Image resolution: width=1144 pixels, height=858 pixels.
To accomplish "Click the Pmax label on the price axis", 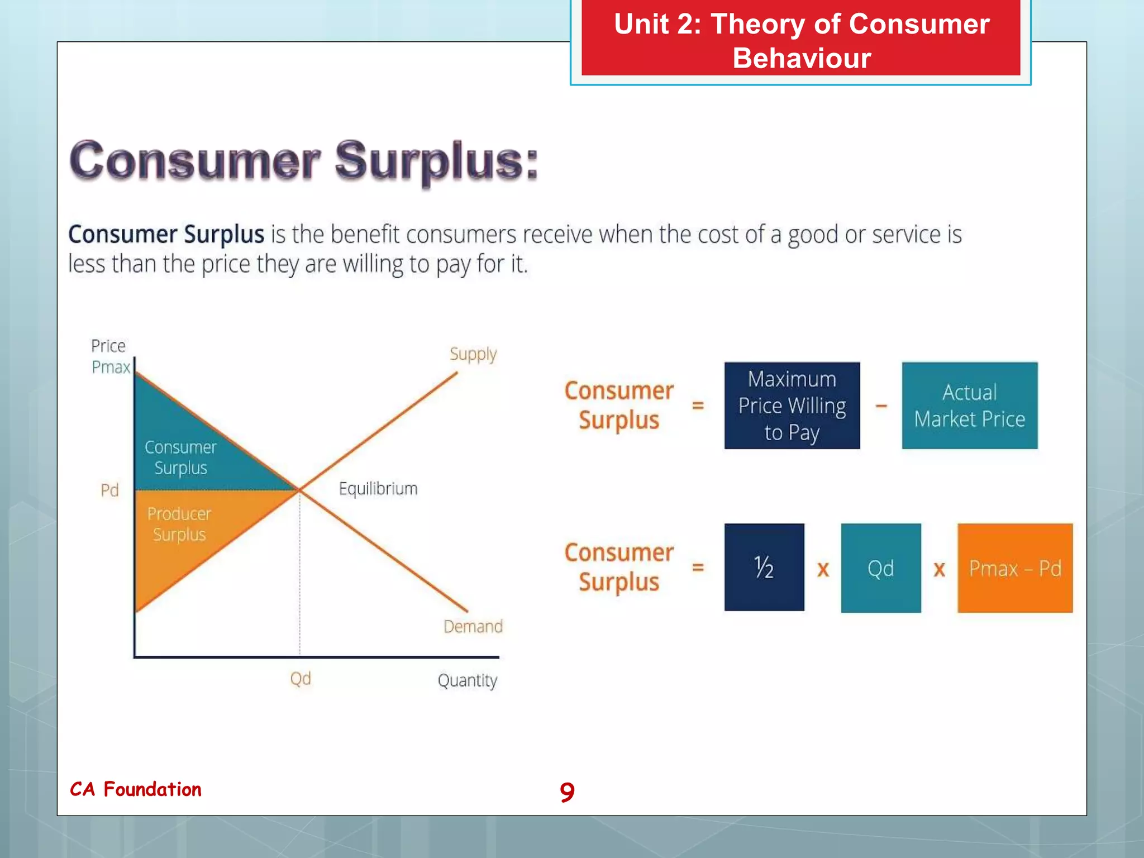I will pos(111,367).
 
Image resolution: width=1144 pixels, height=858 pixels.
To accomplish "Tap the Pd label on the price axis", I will pos(109,490).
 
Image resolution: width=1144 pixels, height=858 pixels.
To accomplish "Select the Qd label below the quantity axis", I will pos(301,679).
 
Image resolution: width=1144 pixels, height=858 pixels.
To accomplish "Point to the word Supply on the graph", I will pos(473,354).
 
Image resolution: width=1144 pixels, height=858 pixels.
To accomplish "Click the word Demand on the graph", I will pos(473,626).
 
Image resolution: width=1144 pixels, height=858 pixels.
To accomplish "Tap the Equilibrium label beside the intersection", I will pos(378,489).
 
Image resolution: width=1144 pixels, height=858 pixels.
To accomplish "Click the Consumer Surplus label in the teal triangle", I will pos(180,457).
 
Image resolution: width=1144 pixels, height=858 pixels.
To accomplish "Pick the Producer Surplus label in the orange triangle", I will pos(179,523).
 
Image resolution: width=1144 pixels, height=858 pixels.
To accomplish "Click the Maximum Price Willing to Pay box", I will pos(792,406).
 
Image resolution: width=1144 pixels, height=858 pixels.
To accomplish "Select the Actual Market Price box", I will pos(969,406).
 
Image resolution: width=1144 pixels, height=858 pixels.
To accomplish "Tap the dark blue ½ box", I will pos(764,567).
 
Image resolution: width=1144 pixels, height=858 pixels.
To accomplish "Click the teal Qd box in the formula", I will pos(880,568).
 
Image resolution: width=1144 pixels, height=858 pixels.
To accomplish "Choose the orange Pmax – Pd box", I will pos(1014,568).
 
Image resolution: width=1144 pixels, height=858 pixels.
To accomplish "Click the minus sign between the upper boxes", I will pos(881,406).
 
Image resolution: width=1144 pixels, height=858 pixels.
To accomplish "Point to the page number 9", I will pos(567,792).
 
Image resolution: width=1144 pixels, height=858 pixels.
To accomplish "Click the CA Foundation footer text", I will pos(136,789).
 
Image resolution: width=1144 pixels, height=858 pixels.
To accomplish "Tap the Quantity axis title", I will pos(467,680).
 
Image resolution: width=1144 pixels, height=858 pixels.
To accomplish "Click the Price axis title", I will pos(108,346).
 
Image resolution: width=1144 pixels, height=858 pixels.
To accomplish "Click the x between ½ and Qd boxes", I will pos(823,569).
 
